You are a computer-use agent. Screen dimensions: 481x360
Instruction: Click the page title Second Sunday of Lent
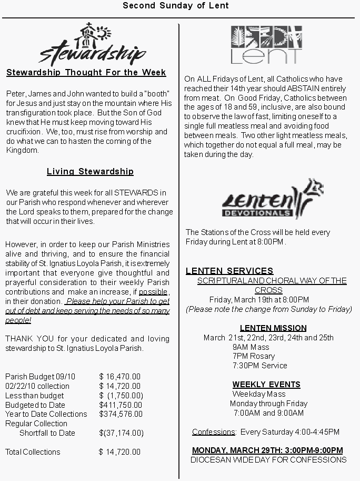tap(176, 6)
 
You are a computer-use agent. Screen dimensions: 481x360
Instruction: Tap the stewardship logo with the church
tap(92, 44)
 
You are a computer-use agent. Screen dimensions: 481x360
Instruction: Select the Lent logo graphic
tap(266, 45)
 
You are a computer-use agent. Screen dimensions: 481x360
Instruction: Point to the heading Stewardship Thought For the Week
tap(86, 73)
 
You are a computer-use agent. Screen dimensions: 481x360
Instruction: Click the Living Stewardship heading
tap(90, 172)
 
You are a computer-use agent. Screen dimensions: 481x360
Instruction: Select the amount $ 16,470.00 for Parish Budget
tap(120, 377)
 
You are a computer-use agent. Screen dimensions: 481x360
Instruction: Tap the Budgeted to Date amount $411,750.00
tap(121, 405)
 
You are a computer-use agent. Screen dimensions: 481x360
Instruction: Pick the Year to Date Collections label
tap(46, 414)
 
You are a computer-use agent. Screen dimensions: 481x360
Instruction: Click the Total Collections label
tap(33, 452)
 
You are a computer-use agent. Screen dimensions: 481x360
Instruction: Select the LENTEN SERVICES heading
tap(229, 271)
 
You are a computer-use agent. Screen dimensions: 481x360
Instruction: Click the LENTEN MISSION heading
tap(273, 328)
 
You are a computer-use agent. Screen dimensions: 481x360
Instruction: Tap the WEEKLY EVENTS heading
tap(266, 385)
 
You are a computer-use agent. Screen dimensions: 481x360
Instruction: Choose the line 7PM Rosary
tap(254, 356)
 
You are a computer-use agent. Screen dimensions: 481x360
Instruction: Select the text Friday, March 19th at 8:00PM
tap(259, 300)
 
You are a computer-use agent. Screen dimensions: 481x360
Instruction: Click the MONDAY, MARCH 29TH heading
tap(267, 450)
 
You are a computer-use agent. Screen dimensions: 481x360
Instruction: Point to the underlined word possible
tap(153, 292)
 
